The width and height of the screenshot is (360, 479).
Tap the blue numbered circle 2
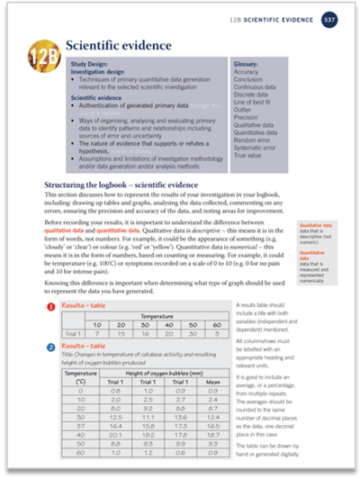[x=51, y=345]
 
